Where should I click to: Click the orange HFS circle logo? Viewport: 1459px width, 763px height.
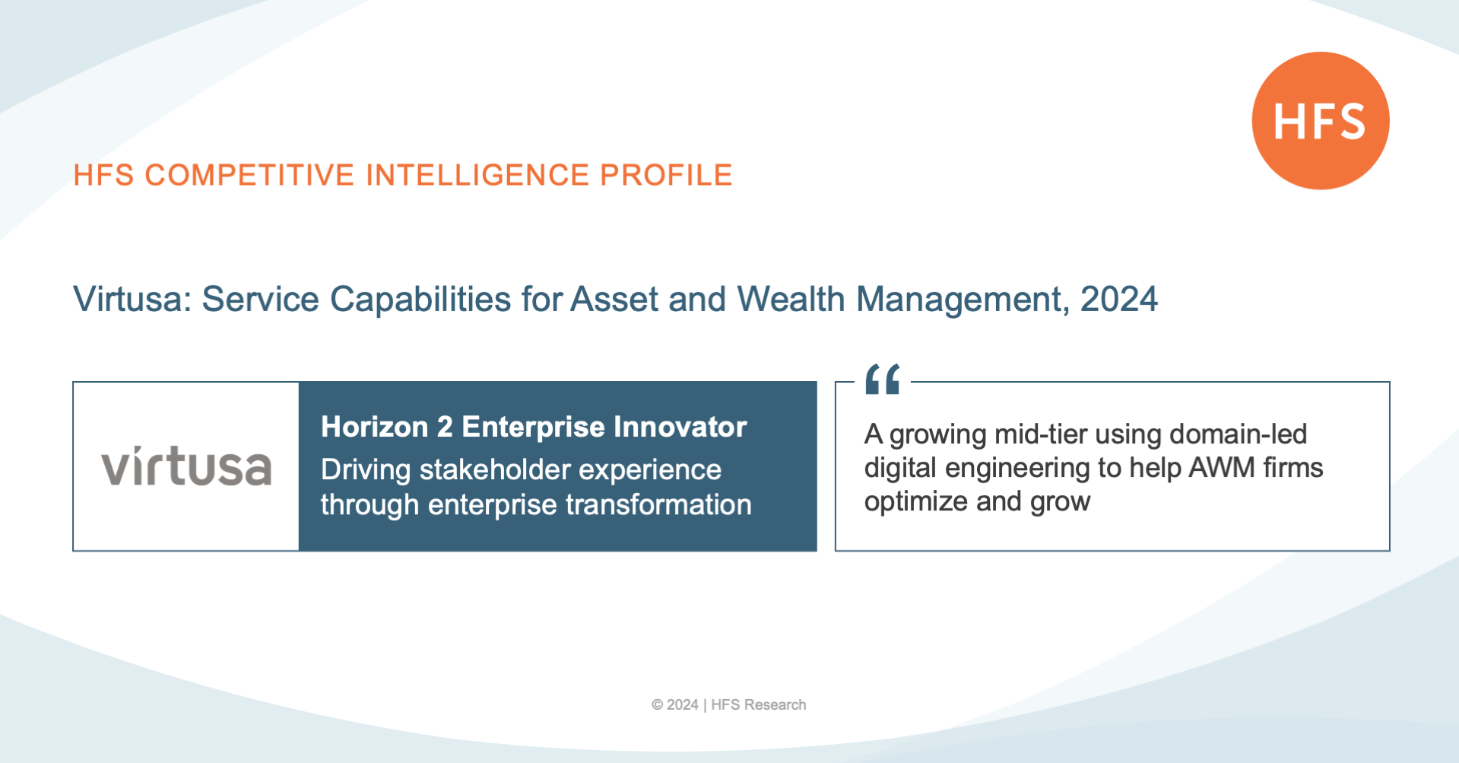click(x=1321, y=120)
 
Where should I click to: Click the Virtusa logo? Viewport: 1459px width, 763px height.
click(x=186, y=466)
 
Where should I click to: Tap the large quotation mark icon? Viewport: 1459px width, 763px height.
click(x=882, y=379)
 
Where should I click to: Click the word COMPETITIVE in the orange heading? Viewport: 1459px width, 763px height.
click(x=249, y=175)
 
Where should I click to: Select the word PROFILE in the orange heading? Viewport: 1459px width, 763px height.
click(x=666, y=175)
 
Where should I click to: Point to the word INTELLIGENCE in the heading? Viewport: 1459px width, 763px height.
click(x=477, y=175)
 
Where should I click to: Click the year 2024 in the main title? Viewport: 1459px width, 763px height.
click(x=1119, y=299)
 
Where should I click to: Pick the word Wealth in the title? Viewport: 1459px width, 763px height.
click(x=791, y=299)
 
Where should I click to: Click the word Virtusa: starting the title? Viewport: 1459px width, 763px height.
click(x=132, y=299)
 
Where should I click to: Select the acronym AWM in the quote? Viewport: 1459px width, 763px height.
click(x=1222, y=467)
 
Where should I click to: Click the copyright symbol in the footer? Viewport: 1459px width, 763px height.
click(x=657, y=704)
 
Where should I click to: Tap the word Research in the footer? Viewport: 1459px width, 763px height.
click(x=775, y=704)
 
